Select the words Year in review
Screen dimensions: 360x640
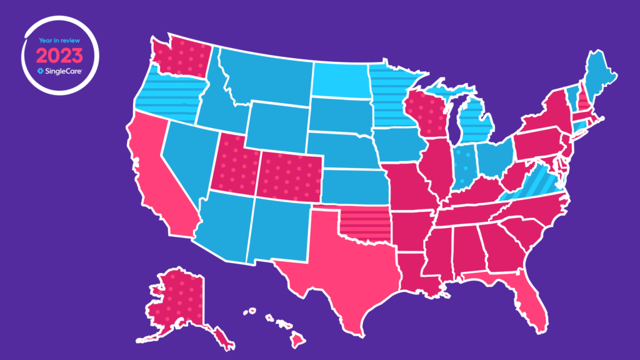point(58,41)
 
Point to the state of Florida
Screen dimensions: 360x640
point(531,300)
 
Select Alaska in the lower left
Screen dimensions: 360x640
point(175,300)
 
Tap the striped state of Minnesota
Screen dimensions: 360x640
point(391,94)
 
